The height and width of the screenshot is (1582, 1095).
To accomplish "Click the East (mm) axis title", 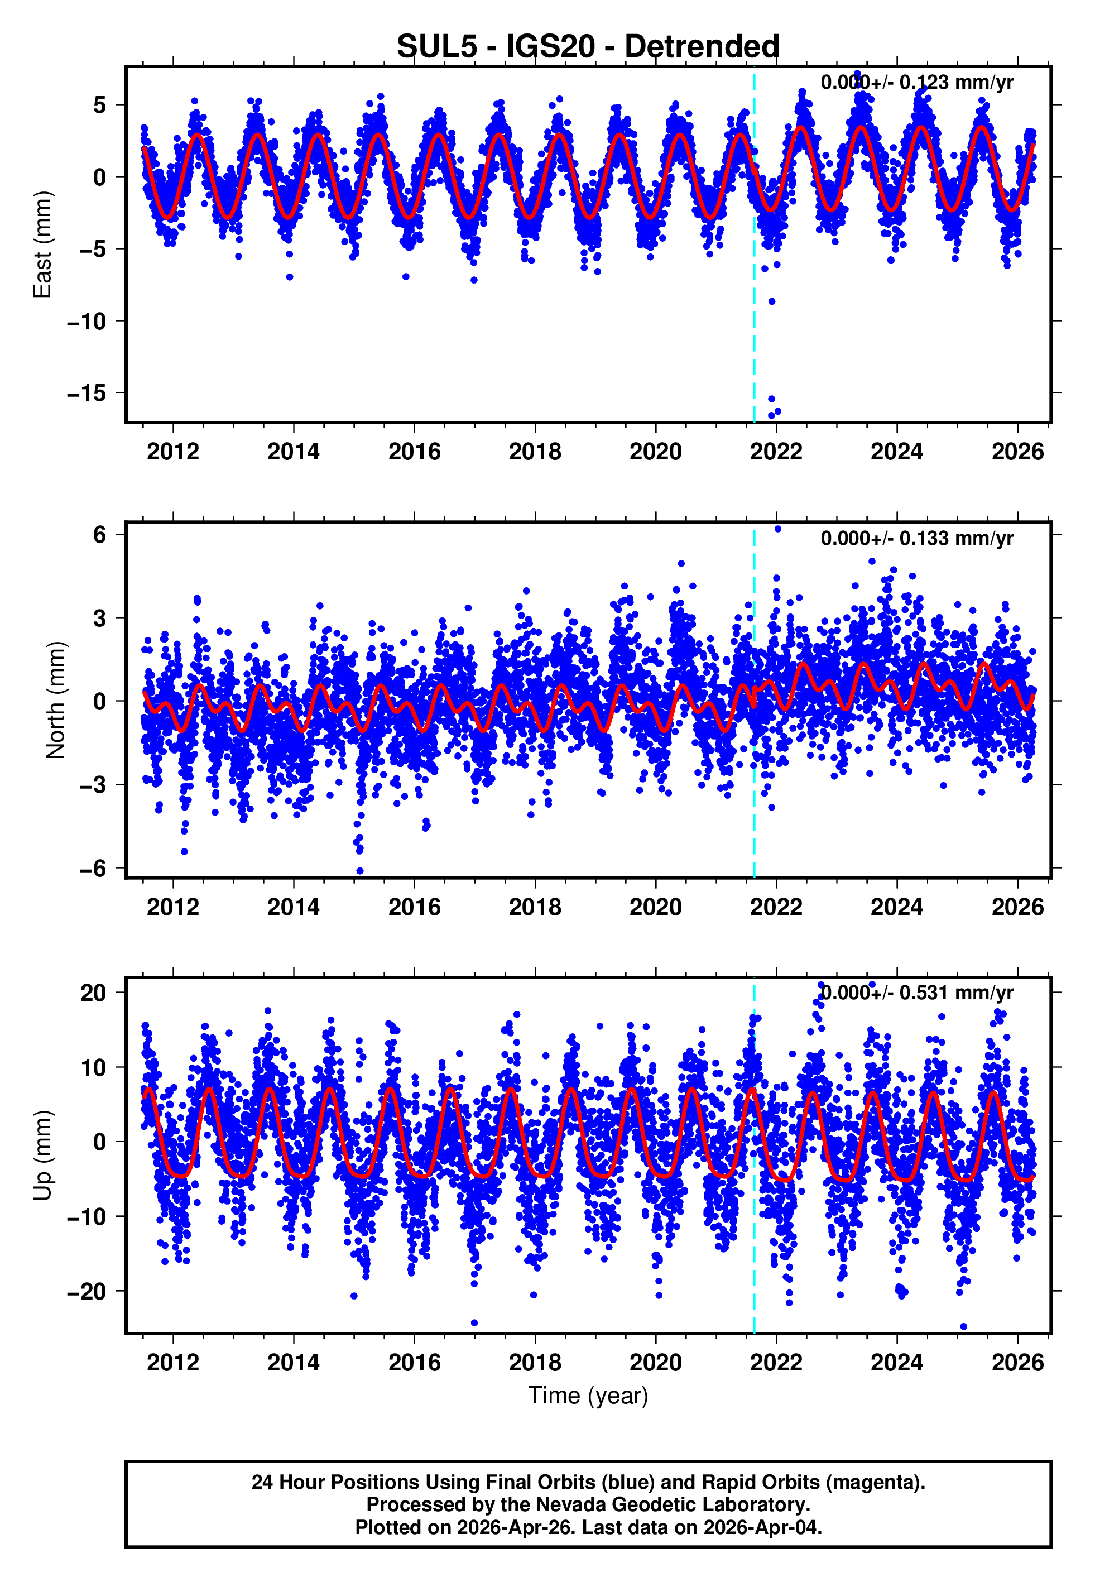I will (x=42, y=245).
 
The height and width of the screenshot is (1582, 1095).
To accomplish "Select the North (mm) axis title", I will (x=56, y=700).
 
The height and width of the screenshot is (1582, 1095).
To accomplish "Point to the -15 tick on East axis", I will (x=87, y=393).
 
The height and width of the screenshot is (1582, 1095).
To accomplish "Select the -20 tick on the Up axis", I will (x=87, y=1291).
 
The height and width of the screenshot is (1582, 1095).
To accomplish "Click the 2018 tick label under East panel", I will (x=535, y=452).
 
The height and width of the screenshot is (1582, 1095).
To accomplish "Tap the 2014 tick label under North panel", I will (x=293, y=907).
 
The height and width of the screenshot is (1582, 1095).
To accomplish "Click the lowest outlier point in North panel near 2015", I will (x=359, y=871).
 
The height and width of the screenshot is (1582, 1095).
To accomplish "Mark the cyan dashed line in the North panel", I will (x=754, y=789).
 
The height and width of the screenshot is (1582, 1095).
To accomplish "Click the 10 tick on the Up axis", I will (x=93, y=1067).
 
